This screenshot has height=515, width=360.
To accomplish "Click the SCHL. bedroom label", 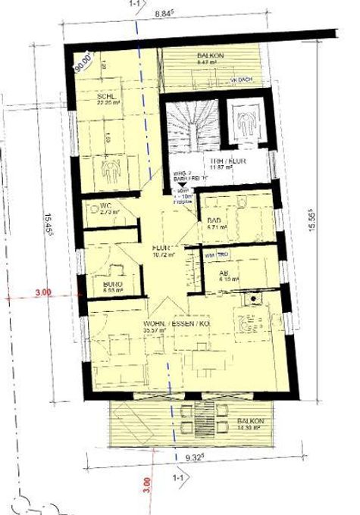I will point(105,98).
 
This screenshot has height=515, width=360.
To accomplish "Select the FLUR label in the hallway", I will point(160,248).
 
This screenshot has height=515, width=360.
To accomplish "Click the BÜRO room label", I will point(112,286).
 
